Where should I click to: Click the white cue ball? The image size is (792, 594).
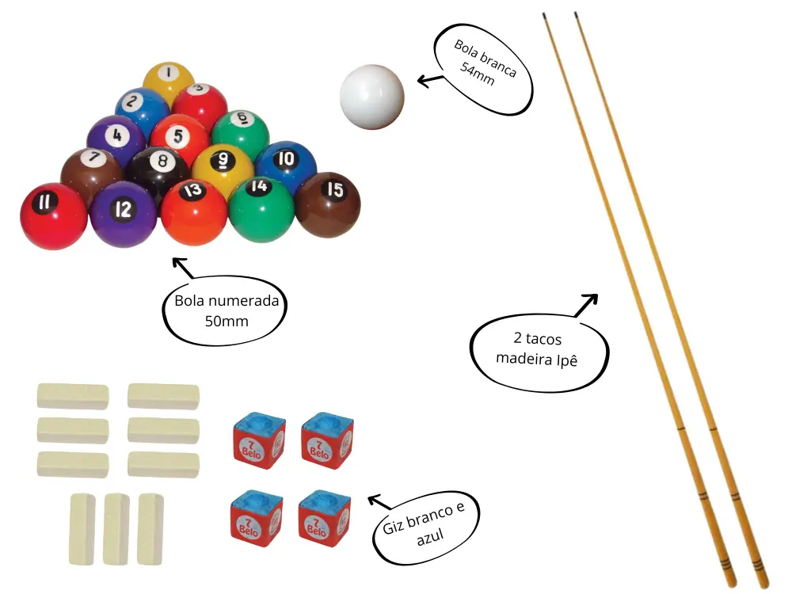371,97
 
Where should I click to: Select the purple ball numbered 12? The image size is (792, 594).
124,214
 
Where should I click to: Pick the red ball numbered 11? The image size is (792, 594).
54,216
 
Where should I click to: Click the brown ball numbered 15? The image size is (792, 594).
328,204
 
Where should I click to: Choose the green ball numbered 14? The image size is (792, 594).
261,209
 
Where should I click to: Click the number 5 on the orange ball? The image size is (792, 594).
177,135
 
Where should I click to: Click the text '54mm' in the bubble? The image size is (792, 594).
477,74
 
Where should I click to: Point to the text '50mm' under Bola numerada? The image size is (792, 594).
227,322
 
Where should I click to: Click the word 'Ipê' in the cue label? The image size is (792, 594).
567,360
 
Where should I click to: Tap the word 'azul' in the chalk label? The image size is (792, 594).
430,536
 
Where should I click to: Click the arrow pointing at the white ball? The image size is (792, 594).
430,80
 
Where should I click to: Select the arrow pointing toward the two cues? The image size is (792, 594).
586,305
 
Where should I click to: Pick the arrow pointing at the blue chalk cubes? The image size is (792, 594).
379,502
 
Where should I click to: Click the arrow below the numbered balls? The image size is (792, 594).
183,268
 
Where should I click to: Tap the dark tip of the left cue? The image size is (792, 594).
545,16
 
